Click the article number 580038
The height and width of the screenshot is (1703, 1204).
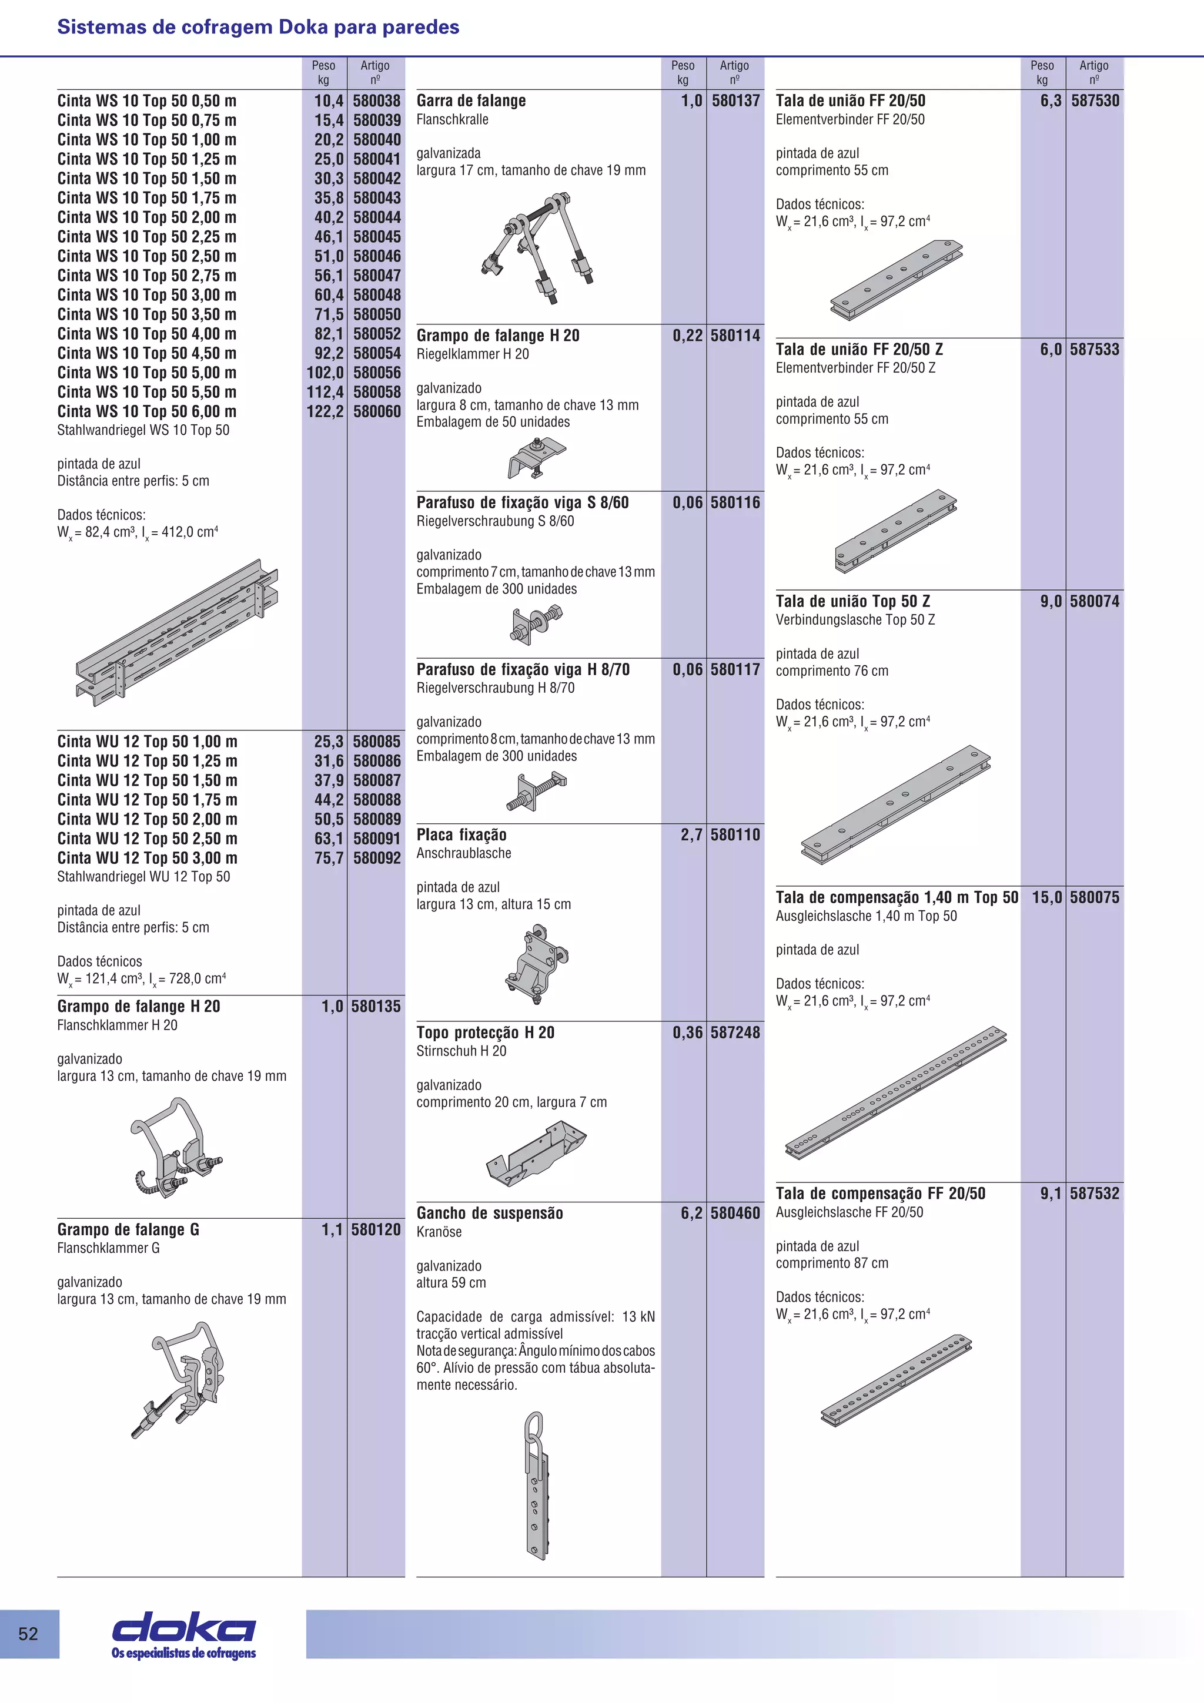(376, 101)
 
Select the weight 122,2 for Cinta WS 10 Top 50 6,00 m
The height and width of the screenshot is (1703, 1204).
(325, 412)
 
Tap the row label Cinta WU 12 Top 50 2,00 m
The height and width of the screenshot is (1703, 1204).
(148, 820)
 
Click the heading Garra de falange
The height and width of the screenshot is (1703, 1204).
(471, 101)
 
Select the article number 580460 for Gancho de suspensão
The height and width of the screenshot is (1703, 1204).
(735, 1213)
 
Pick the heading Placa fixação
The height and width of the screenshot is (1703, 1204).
(461, 835)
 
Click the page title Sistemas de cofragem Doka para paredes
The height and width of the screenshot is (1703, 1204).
(258, 28)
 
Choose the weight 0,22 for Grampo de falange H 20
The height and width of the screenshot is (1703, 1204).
(687, 336)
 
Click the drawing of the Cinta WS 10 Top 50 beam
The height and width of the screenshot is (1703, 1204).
(176, 631)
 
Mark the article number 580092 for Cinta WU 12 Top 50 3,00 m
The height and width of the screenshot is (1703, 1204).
(376, 858)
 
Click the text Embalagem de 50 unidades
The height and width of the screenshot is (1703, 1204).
(493, 422)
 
